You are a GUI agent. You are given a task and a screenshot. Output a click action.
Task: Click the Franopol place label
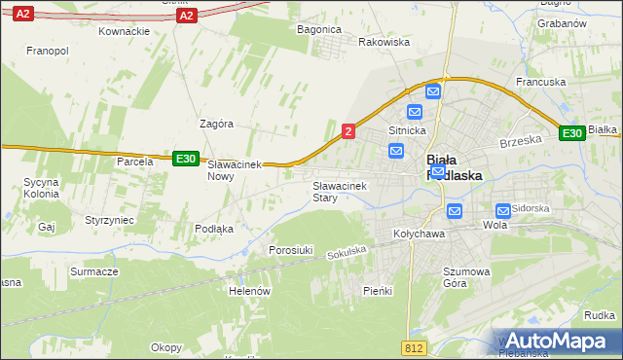(47, 50)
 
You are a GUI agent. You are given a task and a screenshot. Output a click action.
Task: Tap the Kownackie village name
(124, 31)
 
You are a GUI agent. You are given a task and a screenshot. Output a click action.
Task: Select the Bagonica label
(318, 29)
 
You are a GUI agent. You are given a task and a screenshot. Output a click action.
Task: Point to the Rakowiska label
(384, 43)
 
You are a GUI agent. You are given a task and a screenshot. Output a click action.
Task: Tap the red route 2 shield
(348, 130)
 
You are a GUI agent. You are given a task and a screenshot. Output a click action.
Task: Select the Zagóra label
(216, 125)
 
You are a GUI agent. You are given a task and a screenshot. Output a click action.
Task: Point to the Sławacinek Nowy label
(237, 171)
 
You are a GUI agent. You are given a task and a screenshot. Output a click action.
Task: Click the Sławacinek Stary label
(337, 191)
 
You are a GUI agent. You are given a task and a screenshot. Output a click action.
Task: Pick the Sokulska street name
(347, 252)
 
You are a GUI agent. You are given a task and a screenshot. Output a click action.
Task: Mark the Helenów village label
(247, 290)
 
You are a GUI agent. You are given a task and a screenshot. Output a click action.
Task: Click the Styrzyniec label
(109, 221)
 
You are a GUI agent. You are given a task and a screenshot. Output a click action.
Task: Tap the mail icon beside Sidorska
(503, 210)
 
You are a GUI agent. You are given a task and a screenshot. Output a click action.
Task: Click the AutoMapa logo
(558, 341)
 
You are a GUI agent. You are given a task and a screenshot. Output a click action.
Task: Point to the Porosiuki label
(290, 250)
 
